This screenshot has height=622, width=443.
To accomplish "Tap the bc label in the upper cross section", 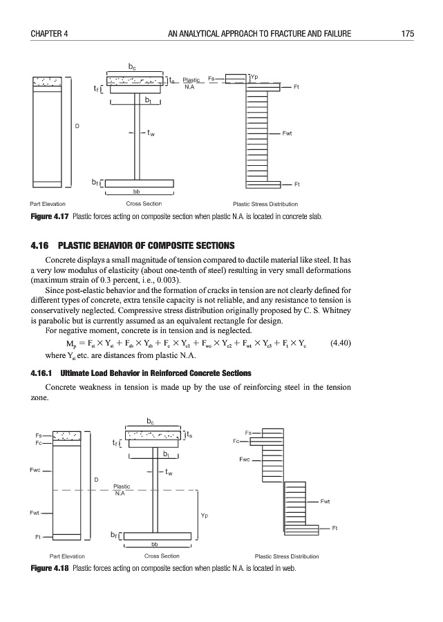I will (x=131, y=68).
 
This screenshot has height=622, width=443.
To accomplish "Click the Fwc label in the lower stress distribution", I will (x=245, y=458).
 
